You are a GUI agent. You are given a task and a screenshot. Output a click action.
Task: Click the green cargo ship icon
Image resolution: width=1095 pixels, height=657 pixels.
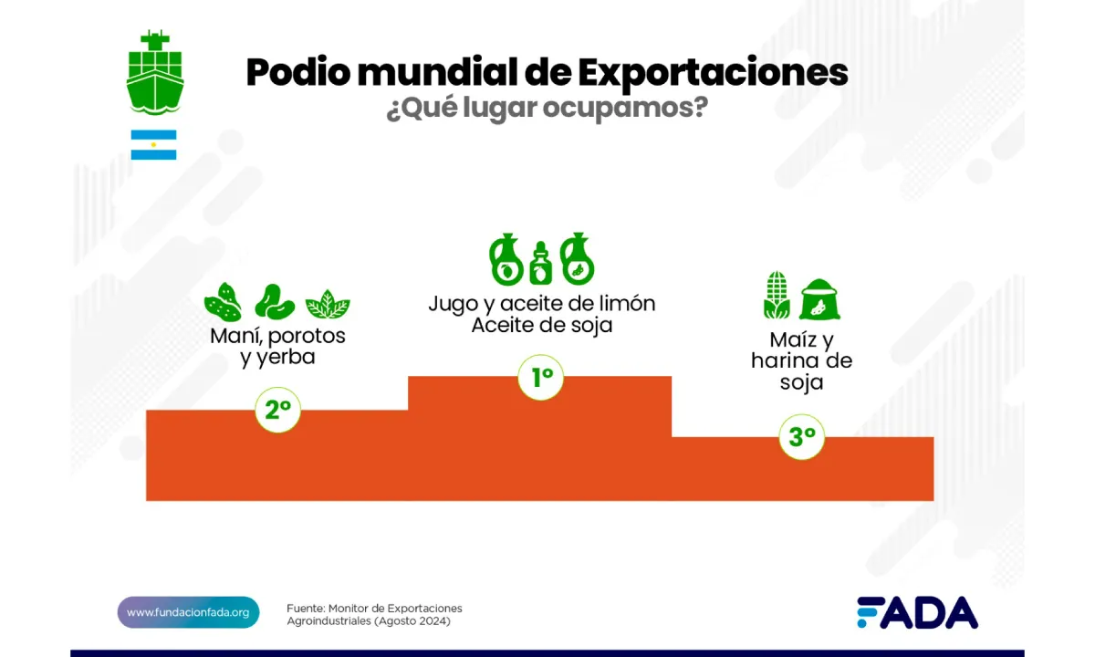[155, 73]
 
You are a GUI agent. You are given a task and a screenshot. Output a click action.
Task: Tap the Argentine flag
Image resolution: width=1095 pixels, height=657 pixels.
[153, 144]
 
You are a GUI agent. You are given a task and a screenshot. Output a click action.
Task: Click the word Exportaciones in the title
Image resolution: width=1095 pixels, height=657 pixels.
[713, 73]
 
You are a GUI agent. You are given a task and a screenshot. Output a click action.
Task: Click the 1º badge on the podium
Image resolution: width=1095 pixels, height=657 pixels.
[542, 377]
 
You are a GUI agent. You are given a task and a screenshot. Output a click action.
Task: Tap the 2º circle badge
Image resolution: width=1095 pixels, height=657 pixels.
[278, 410]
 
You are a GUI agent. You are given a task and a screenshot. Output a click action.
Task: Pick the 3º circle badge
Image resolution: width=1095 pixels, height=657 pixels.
[802, 437]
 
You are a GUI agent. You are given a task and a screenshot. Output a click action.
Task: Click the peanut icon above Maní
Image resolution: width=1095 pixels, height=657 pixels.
[223, 302]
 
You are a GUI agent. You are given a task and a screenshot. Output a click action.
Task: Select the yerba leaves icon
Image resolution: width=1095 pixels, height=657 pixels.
[328, 304]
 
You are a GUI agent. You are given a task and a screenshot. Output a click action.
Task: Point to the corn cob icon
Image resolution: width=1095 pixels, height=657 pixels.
[777, 296]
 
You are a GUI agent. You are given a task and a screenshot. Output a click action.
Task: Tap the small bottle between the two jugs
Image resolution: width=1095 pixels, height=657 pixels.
[541, 264]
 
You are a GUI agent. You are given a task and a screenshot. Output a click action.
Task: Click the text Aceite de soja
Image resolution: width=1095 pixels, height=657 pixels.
[542, 325]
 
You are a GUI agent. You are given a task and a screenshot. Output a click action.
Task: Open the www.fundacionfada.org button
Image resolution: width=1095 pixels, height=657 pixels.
[188, 612]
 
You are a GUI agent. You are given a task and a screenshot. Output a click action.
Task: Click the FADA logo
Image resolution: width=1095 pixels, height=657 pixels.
[916, 612]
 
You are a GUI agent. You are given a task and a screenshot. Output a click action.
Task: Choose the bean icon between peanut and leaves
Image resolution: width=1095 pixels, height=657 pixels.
[274, 302]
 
